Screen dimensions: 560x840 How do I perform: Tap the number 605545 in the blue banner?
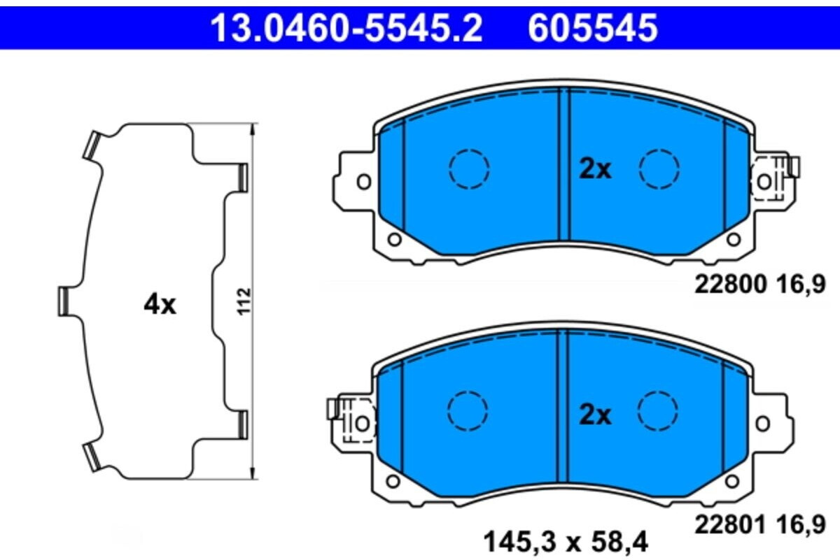click(593, 27)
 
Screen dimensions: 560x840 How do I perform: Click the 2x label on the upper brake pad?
click(595, 169)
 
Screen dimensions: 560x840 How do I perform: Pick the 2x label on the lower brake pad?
click(595, 415)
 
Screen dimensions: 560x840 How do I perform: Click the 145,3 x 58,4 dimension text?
click(566, 540)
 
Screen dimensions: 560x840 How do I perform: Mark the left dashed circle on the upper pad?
click(468, 168)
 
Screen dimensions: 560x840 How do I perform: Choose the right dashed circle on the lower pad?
click(658, 410)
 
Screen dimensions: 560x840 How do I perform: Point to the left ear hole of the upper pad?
click(363, 182)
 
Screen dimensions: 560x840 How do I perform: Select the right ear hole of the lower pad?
click(762, 423)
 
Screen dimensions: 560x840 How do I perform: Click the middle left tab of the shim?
click(64, 301)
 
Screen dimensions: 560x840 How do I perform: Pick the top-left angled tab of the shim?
click(92, 145)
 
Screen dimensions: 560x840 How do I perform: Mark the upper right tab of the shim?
click(243, 176)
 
